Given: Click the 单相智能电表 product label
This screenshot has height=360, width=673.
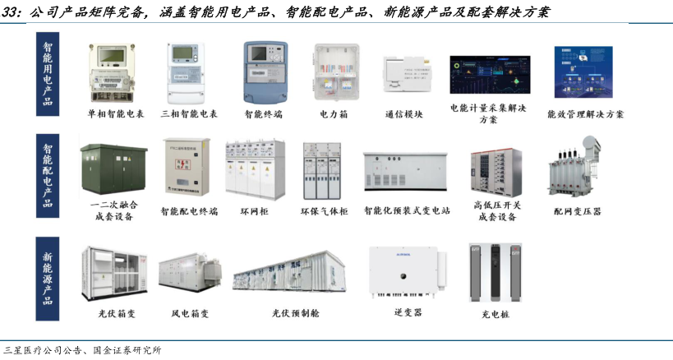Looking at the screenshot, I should [x=116, y=114].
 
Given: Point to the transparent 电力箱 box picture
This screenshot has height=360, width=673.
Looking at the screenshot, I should [x=334, y=72].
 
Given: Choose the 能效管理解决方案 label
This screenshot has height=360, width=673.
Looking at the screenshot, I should [x=585, y=114].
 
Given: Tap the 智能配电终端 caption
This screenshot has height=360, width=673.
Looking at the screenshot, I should [x=190, y=211].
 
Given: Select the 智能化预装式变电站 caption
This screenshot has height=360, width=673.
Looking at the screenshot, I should [x=407, y=211].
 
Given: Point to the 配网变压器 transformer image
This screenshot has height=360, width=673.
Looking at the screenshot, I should [x=577, y=170].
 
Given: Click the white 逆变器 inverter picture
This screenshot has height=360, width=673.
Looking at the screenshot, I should [x=408, y=271].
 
